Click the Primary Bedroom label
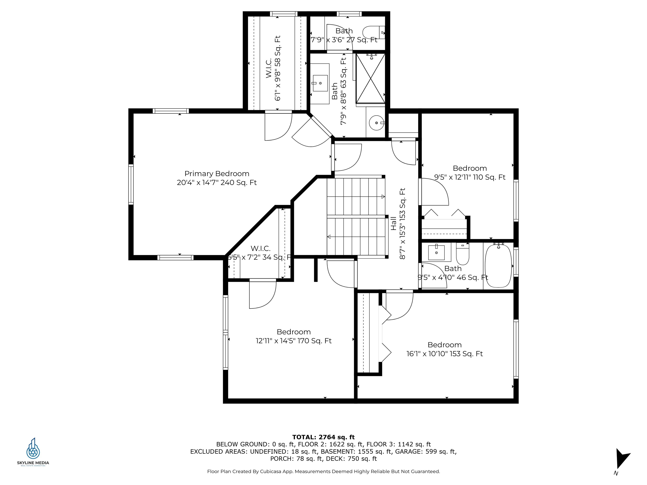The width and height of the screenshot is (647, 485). pos(217,174)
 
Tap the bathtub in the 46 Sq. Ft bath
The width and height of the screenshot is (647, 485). pos(498,266)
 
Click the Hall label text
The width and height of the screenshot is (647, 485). pos(393,223)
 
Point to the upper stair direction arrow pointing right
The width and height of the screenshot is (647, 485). pos(383,197)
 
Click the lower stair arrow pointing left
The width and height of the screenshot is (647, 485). pos(329,237)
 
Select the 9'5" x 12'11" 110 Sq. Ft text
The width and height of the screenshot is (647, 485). pos(470,177)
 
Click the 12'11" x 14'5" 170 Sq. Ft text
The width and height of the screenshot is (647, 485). pos(293,341)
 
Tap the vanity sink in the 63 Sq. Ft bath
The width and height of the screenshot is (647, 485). pos(320,83)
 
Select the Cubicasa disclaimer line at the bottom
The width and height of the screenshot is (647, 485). pos(323,471)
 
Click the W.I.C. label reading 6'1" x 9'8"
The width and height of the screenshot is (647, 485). pos(273,68)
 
